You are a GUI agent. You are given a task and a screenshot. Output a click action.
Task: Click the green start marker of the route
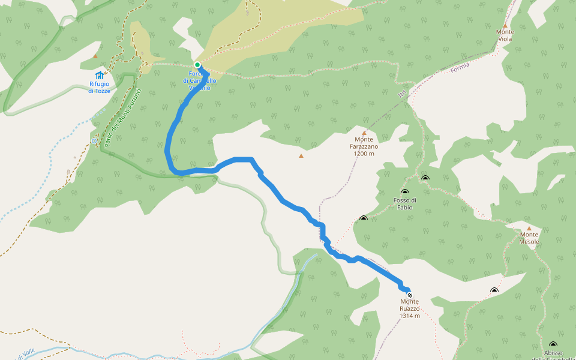[197, 65]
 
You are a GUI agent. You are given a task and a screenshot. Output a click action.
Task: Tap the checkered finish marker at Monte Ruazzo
[410, 295]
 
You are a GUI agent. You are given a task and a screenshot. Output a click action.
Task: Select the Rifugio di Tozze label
[100, 87]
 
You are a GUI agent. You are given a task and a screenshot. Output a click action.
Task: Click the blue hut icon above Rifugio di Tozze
[100, 75]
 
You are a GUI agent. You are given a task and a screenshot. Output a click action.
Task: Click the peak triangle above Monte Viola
[505, 25]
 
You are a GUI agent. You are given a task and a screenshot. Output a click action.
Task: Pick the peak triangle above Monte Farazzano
[364, 133]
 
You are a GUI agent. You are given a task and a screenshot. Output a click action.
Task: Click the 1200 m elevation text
[364, 154]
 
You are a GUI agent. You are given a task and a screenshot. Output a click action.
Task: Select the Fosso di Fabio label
[405, 203]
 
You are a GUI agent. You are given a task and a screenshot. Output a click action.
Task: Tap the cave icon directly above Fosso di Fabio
[405, 192]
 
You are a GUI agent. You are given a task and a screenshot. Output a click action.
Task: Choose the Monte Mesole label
[529, 238]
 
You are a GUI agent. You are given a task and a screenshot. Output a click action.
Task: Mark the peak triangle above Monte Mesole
[529, 228]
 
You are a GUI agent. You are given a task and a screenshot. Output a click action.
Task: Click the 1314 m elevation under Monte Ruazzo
[410, 316]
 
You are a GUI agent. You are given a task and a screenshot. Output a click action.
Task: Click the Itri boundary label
[402, 93]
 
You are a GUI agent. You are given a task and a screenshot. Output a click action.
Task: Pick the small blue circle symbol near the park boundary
[94, 141]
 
